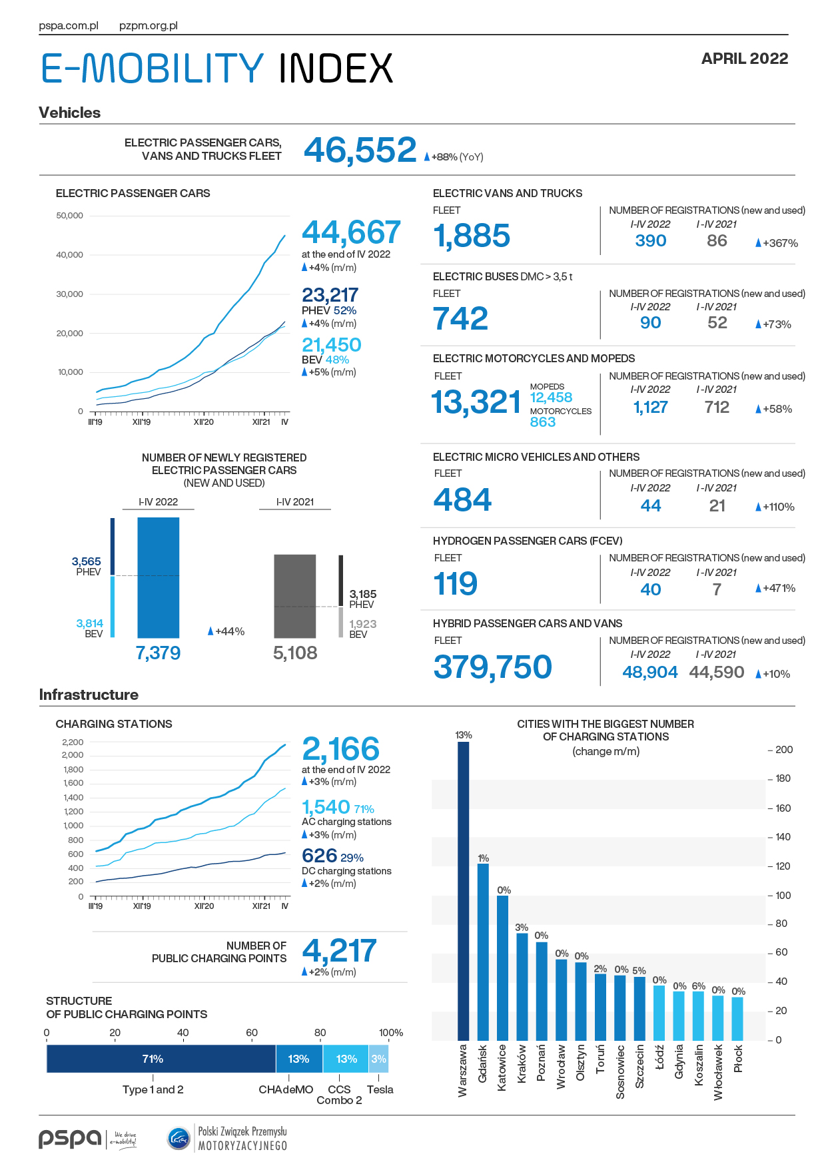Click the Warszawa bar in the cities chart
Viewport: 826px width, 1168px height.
pyautogui.click(x=463, y=891)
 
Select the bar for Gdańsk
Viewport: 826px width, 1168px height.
pyautogui.click(x=483, y=952)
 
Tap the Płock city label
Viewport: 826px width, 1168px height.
pyautogui.click(x=738, y=1059)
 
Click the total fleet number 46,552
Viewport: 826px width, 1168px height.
pyautogui.click(x=360, y=150)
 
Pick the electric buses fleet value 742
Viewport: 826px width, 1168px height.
pyautogui.click(x=460, y=318)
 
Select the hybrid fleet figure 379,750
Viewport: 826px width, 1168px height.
pyautogui.click(x=492, y=667)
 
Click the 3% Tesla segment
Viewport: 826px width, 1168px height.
pyautogui.click(x=378, y=1059)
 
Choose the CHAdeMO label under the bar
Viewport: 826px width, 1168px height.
pyautogui.click(x=286, y=1090)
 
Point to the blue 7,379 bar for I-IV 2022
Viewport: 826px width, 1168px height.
pyautogui.click(x=158, y=577)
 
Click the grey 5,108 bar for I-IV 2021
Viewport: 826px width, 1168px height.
pyautogui.click(x=295, y=596)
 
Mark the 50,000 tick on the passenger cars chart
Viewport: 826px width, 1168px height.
pyautogui.click(x=70, y=216)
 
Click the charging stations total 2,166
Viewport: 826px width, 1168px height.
pyautogui.click(x=341, y=749)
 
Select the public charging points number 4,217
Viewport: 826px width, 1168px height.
pyautogui.click(x=340, y=950)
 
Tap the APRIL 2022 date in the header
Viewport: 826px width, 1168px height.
pyautogui.click(x=745, y=59)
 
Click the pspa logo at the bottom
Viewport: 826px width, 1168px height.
pyautogui.click(x=70, y=1139)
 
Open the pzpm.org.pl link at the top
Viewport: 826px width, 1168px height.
pyautogui.click(x=149, y=26)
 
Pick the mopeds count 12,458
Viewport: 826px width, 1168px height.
pyautogui.click(x=551, y=398)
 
